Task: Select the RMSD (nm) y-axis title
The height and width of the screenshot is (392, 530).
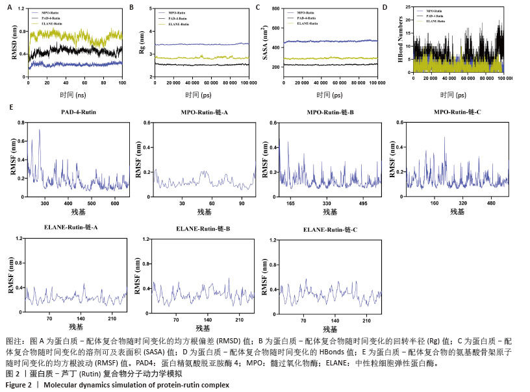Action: [14, 42]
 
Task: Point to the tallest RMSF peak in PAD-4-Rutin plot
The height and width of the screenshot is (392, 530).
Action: [40, 130]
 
